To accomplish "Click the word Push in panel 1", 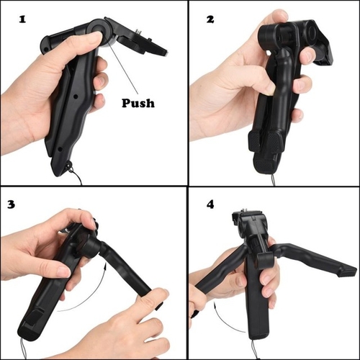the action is tap(138, 103).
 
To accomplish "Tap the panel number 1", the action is tap(22, 19).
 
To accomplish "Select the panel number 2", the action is tap(210, 19).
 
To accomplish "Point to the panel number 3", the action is tap(12, 204).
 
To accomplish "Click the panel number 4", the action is tap(210, 204).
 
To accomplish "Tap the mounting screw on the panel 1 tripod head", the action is tap(138, 32).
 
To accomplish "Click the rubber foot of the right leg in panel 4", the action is tap(348, 274).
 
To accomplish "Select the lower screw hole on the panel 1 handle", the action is tap(60, 149).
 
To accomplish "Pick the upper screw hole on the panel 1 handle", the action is tap(76, 96).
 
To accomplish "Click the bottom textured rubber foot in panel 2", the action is tap(264, 166).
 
